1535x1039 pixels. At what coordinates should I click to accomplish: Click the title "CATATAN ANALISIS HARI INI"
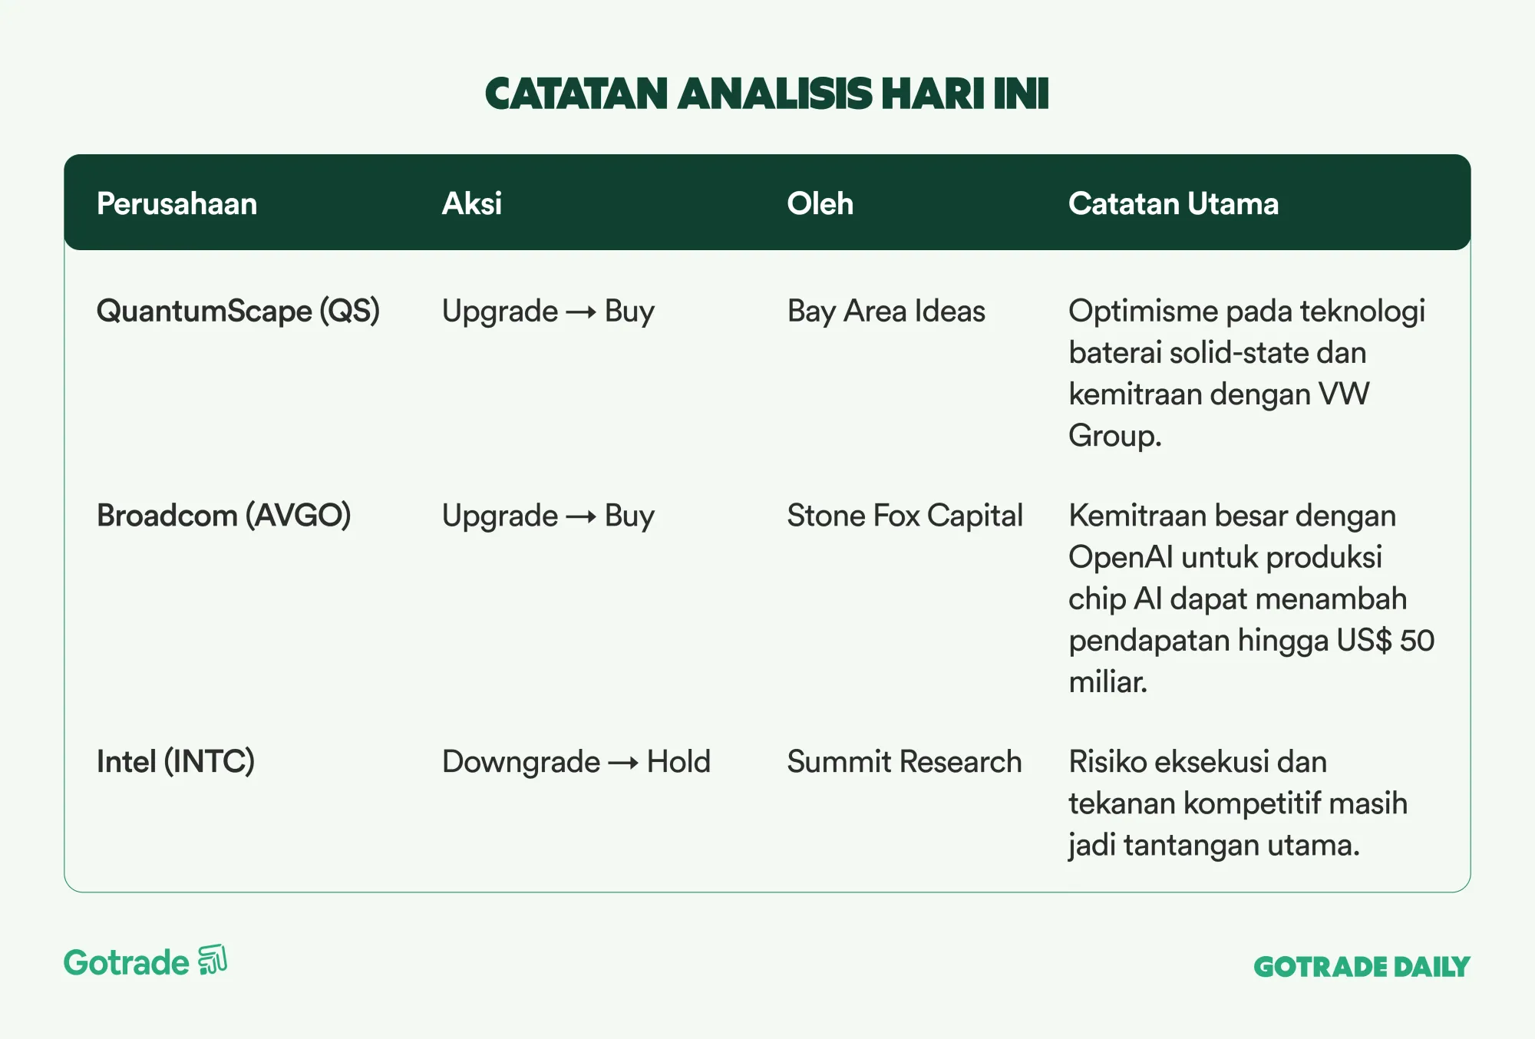(x=767, y=94)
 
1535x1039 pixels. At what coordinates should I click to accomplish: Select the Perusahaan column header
(x=177, y=203)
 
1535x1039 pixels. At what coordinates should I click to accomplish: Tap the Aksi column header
(x=472, y=203)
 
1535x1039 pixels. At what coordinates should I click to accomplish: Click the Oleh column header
(x=820, y=203)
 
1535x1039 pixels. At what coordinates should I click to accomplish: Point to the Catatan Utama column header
(x=1174, y=203)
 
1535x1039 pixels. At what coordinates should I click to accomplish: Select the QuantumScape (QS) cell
(x=238, y=312)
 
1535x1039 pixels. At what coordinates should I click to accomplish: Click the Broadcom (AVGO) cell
(x=223, y=516)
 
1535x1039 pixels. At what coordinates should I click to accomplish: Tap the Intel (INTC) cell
(x=175, y=762)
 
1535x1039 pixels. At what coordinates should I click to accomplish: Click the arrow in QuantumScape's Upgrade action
(x=581, y=312)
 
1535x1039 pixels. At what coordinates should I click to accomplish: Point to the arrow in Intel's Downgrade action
(x=623, y=763)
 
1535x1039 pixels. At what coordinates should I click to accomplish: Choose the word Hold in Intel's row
(x=678, y=762)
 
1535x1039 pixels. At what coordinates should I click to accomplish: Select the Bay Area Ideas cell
(x=886, y=312)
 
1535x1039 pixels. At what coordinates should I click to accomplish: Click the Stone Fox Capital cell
(x=905, y=516)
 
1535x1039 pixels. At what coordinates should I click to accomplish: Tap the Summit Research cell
(x=904, y=762)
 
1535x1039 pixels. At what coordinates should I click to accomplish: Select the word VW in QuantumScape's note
(x=1344, y=394)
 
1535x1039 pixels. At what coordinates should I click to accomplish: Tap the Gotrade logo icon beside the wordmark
(x=213, y=960)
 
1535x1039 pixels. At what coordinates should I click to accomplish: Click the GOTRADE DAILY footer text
(x=1362, y=967)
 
